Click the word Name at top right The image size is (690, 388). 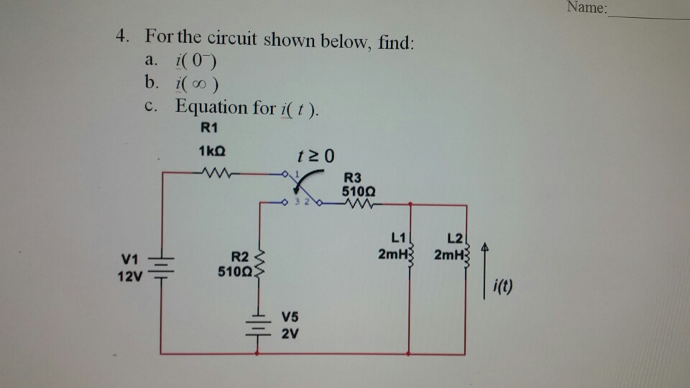click(585, 9)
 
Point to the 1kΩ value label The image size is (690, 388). click(212, 152)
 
